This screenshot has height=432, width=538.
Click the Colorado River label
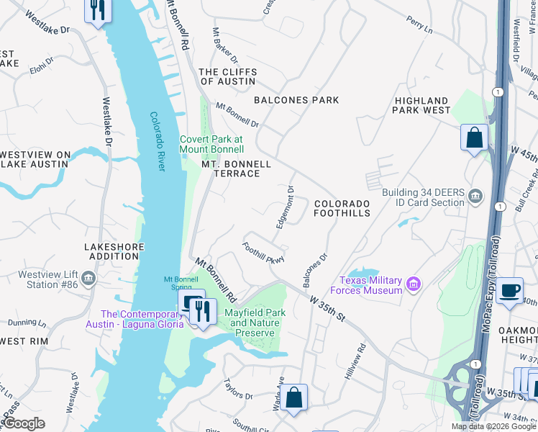point(158,141)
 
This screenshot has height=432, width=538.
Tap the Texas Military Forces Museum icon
point(414,285)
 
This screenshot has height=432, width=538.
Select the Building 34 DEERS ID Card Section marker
point(475,197)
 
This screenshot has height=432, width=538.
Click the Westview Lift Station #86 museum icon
point(88,278)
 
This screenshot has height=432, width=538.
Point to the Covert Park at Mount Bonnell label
point(212,144)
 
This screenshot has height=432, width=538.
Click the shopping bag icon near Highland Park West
point(475,137)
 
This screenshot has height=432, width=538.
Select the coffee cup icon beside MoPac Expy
point(509,289)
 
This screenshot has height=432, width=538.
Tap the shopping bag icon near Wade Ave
point(293,397)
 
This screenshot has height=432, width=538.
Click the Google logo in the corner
point(23,423)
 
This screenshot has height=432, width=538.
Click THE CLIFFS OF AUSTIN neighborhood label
point(227,76)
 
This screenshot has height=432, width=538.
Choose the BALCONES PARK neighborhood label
point(296,100)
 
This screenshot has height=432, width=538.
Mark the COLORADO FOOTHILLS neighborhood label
point(342,209)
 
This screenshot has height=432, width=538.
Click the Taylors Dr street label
point(238,390)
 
